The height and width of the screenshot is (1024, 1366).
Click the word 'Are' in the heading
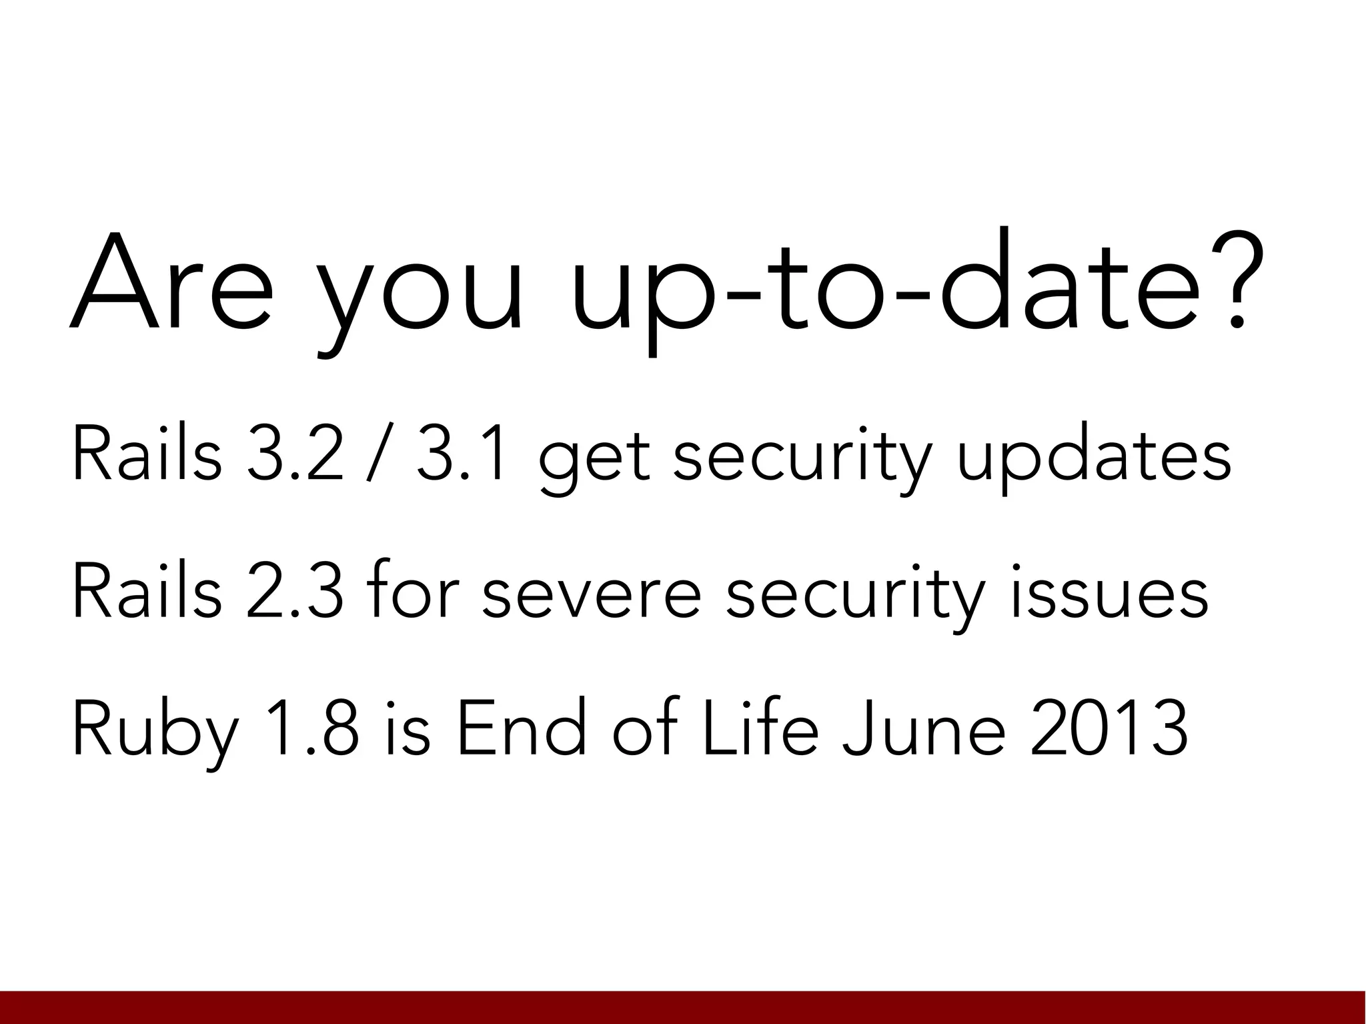click(171, 284)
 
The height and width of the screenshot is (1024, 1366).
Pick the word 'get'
click(594, 460)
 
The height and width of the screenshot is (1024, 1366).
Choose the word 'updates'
click(1094, 457)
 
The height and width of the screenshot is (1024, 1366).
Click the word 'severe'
click(591, 594)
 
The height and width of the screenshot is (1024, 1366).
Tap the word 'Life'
click(760, 727)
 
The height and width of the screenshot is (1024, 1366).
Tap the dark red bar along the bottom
click(683, 1007)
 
